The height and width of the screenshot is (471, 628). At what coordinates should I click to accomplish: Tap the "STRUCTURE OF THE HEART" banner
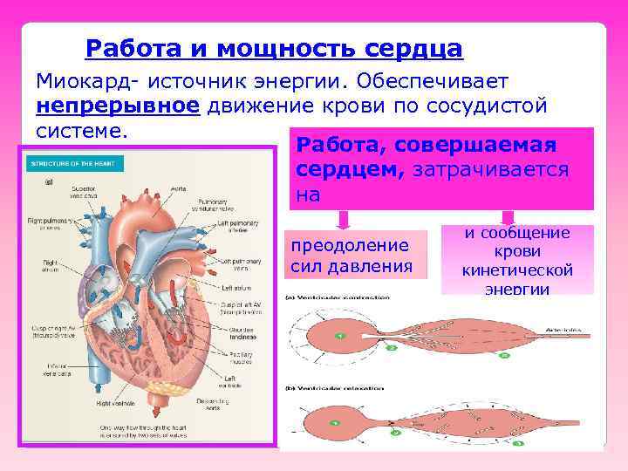[x=76, y=163]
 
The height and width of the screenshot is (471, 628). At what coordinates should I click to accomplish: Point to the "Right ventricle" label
[x=115, y=404]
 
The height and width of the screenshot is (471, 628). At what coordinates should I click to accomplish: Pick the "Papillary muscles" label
[x=242, y=357]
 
